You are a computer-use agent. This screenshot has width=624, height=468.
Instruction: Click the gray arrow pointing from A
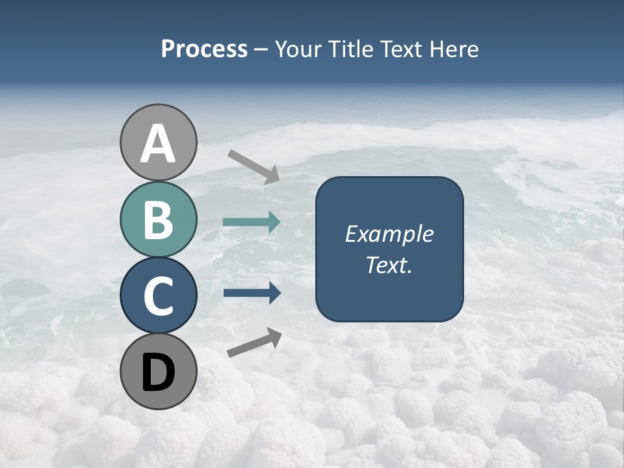(253, 166)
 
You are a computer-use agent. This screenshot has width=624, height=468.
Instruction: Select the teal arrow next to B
(252, 222)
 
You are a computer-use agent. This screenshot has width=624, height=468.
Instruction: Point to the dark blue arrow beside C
(252, 293)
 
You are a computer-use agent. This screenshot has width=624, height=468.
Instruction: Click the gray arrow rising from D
(254, 343)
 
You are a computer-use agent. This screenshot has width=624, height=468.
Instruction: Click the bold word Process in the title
(204, 49)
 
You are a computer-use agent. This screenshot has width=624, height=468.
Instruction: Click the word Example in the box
(389, 234)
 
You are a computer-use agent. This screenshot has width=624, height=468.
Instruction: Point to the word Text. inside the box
(389, 265)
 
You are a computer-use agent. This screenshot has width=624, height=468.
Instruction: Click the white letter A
(159, 144)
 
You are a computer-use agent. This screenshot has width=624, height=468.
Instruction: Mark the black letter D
(159, 372)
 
